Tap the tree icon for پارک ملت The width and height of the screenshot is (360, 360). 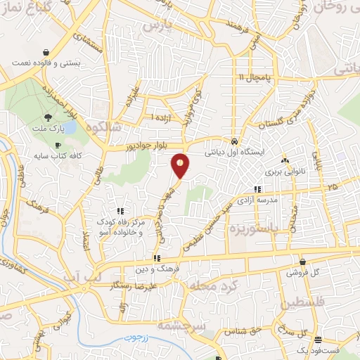(x=47, y=117)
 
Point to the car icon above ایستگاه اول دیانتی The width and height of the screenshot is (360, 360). (x=235, y=139)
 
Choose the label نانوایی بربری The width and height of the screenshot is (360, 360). (x=278, y=171)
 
